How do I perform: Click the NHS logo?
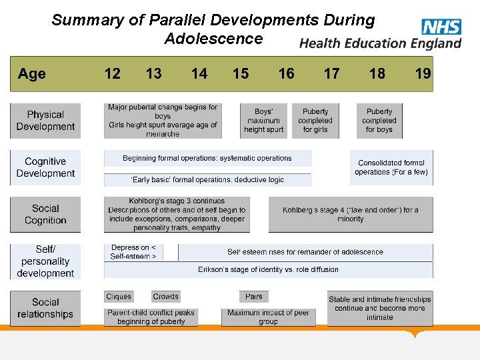click(x=441, y=26)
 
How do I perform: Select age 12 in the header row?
click(x=113, y=74)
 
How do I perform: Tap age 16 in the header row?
click(x=286, y=74)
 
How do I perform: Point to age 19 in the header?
click(x=423, y=74)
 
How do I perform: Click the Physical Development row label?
click(x=45, y=121)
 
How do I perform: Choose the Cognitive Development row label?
click(x=45, y=167)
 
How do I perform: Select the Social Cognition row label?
click(x=45, y=215)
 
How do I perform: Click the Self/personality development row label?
click(x=45, y=261)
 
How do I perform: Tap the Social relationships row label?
click(x=45, y=308)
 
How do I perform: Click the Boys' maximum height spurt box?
click(x=263, y=121)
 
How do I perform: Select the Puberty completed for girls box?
click(x=315, y=121)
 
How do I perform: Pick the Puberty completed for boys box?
click(x=379, y=121)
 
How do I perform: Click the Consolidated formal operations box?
click(x=391, y=167)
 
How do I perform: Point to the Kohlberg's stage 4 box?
click(x=351, y=215)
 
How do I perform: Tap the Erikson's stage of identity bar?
click(x=268, y=270)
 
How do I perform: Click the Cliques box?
click(x=119, y=297)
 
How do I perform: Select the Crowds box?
click(x=165, y=297)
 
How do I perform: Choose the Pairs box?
click(x=254, y=297)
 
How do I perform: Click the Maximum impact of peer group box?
click(x=268, y=317)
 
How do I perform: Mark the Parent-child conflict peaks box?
click(x=151, y=317)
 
